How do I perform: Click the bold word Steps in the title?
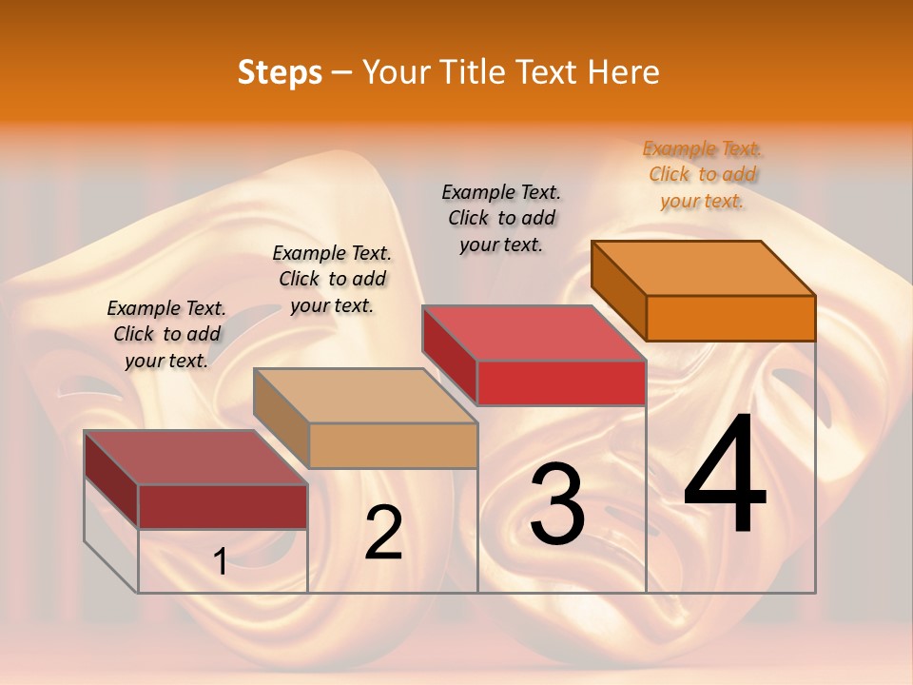click(x=280, y=72)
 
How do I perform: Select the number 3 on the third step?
click(x=557, y=505)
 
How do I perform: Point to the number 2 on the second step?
click(x=384, y=534)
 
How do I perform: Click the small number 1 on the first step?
click(x=220, y=562)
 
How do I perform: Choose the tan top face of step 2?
click(x=365, y=396)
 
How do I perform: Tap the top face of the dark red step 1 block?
click(x=196, y=458)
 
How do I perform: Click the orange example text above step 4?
click(x=703, y=175)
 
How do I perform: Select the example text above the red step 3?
click(x=501, y=219)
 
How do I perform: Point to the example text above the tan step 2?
click(x=332, y=279)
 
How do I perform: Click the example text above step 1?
click(x=166, y=334)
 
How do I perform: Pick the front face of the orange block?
click(x=730, y=318)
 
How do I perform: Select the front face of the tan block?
click(x=393, y=445)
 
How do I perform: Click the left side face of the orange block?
click(x=619, y=289)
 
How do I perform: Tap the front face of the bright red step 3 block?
click(x=561, y=382)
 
